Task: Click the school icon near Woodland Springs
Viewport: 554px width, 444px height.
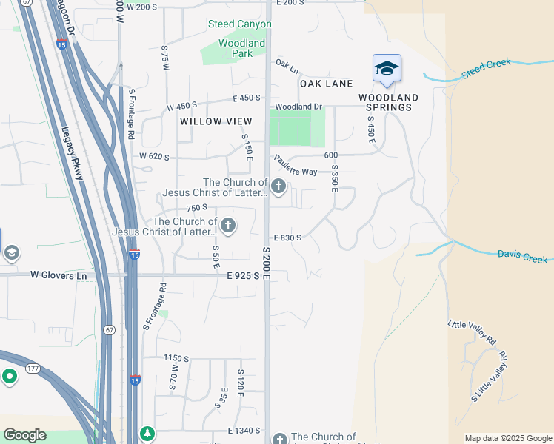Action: (386, 69)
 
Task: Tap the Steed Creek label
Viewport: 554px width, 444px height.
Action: (486, 67)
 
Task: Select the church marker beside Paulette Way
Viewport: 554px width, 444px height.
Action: (278, 186)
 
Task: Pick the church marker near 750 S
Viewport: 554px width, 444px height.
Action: (228, 225)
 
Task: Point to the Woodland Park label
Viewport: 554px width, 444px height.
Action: (241, 48)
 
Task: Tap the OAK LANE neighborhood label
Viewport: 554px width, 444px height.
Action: (326, 84)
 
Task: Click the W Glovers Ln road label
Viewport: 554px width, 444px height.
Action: (59, 275)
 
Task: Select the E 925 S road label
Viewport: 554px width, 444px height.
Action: (243, 275)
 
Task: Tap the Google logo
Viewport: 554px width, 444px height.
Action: (24, 435)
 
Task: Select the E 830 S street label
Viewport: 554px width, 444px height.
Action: (287, 238)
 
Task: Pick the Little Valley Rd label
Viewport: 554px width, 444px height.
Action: (472, 333)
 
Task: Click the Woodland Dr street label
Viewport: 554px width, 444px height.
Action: (298, 107)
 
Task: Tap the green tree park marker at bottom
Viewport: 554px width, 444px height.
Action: (148, 432)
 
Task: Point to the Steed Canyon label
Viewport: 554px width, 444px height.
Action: (239, 24)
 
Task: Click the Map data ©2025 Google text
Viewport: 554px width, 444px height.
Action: (508, 438)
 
